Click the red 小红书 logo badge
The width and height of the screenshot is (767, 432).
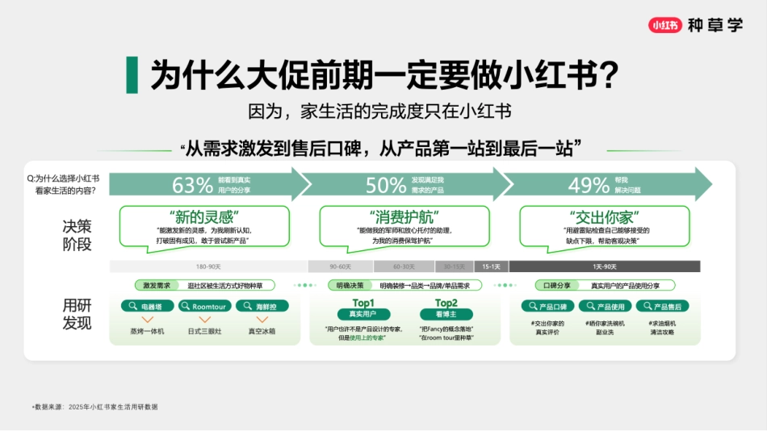point(664,25)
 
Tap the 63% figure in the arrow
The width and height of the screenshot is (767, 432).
point(192,185)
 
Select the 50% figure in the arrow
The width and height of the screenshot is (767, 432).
point(386,185)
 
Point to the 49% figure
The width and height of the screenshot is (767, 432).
point(589,185)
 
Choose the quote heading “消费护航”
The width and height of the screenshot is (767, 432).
point(403,217)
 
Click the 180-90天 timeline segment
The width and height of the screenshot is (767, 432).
point(207,266)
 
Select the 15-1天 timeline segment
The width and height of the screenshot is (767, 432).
point(491,266)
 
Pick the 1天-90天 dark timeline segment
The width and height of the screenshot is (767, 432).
point(604,266)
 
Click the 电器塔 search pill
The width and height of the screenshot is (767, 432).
point(147,307)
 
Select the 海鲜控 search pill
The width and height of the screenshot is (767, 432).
point(262,307)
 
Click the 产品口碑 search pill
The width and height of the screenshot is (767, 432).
point(547,307)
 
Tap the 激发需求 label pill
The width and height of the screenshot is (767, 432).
point(157,285)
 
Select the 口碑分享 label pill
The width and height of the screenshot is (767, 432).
point(556,285)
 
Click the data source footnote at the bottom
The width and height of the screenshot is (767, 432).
point(95,407)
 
